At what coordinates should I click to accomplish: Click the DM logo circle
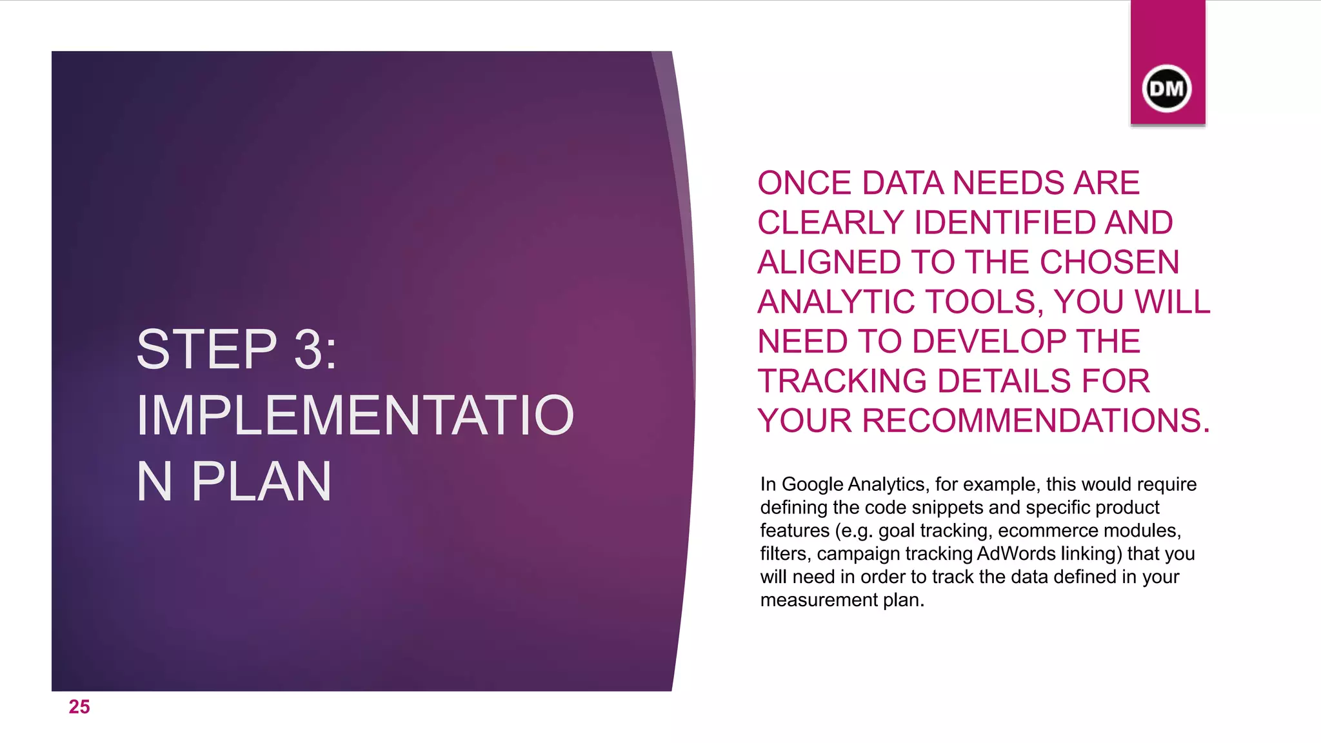coord(1167,88)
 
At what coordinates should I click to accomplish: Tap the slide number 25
coord(79,707)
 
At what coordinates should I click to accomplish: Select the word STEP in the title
coord(206,350)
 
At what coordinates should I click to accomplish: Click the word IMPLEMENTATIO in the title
coord(355,415)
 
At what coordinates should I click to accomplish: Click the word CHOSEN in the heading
coord(1109,263)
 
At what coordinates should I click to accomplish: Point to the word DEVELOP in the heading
coord(993,342)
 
